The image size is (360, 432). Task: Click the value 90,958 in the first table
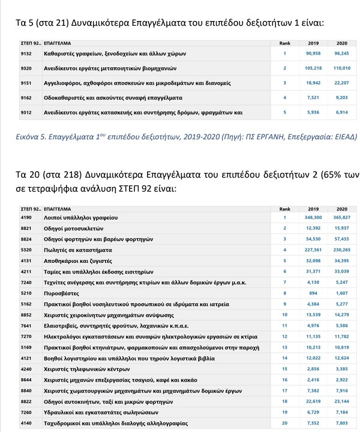click(x=313, y=54)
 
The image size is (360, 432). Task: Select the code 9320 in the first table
click(x=26, y=68)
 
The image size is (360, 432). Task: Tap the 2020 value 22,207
click(x=341, y=83)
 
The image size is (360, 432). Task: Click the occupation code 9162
click(x=26, y=97)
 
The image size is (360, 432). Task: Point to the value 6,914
click(x=342, y=112)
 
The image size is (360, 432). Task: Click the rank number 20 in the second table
click(x=284, y=424)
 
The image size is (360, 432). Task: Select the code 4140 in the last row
click(x=25, y=424)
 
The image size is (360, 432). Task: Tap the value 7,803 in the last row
click(x=342, y=424)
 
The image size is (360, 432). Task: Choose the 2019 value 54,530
click(x=313, y=239)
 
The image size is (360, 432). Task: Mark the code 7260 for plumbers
click(x=25, y=413)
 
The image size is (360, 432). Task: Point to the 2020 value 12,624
click(x=341, y=358)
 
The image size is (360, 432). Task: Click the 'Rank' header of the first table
click(x=285, y=44)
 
